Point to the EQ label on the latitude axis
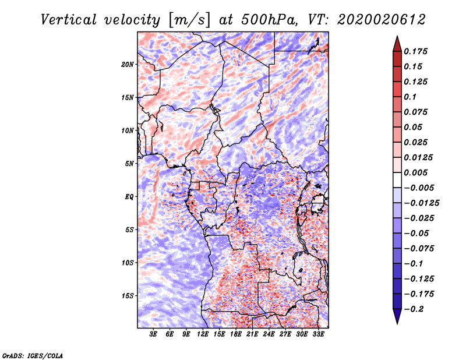click(129, 197)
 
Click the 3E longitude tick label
click(154, 334)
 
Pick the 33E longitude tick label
click(319, 334)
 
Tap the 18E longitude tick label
click(236, 334)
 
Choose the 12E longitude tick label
click(203, 334)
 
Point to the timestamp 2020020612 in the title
click(375, 19)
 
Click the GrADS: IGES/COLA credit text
click(33, 355)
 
